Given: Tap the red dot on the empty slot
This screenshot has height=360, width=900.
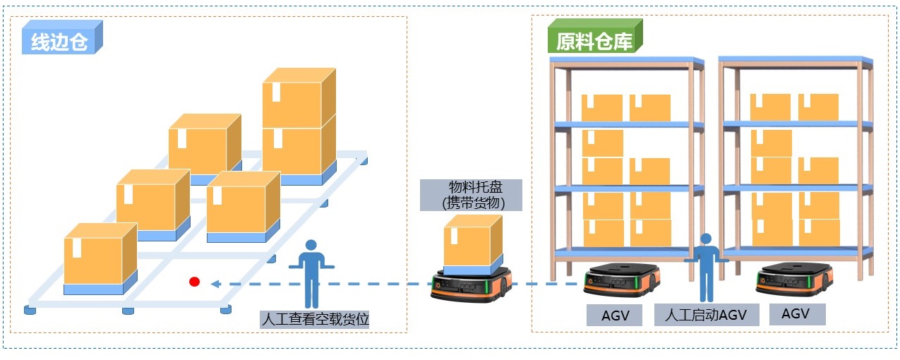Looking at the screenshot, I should [x=195, y=282].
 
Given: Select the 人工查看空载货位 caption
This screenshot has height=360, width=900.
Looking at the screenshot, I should [x=315, y=319].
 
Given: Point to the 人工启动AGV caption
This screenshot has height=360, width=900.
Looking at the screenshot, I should [x=706, y=314].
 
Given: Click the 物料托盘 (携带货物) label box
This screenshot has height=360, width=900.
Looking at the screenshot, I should [x=471, y=195].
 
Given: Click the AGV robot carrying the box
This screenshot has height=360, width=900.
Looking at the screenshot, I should [x=471, y=284].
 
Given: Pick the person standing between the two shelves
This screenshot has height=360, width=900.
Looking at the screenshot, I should [x=705, y=268].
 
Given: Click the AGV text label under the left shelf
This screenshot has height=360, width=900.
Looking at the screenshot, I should [x=615, y=314].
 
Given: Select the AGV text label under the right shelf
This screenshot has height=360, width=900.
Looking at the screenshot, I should [x=796, y=313].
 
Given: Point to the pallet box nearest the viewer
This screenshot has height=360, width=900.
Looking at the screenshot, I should [x=99, y=258].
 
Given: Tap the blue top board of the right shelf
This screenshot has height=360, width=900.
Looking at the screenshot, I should [x=796, y=61].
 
